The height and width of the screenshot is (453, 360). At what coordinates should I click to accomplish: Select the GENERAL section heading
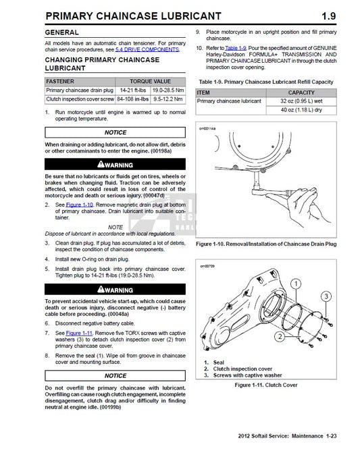click(x=66, y=32)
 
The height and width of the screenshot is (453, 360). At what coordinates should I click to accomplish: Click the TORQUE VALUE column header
click(x=150, y=80)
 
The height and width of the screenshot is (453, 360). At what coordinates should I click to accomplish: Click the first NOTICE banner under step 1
click(x=115, y=133)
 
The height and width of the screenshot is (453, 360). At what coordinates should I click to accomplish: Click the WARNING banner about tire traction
click(x=115, y=164)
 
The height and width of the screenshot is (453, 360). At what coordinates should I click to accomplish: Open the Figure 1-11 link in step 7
click(x=78, y=334)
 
